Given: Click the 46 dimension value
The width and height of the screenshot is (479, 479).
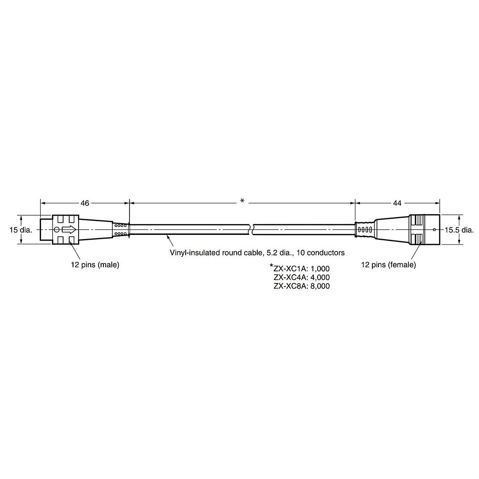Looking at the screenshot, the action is click(85, 203).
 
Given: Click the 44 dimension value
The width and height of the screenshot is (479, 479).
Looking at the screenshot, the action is click(397, 203).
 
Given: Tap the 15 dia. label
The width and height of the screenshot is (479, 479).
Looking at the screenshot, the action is click(21, 230).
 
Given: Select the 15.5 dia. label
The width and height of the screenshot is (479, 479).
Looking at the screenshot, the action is click(459, 230).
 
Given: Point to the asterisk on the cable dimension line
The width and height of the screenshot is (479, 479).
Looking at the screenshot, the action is click(242, 201).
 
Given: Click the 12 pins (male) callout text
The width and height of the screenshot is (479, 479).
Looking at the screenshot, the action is click(95, 265).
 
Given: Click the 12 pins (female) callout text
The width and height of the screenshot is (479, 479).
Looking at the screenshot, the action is click(389, 265).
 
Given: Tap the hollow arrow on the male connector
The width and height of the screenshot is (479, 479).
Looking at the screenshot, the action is click(69, 230).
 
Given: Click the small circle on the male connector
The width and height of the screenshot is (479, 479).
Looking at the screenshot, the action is click(57, 230).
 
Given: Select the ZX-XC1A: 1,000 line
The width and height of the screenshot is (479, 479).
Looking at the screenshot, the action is click(302, 269).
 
